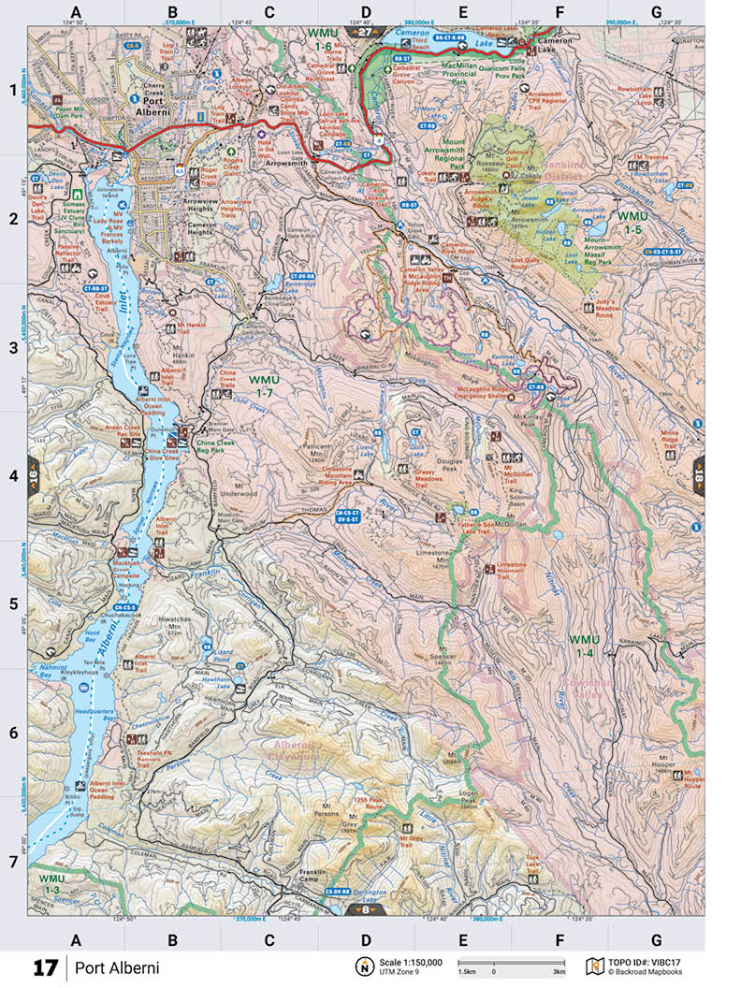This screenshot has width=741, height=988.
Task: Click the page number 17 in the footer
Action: [46, 968]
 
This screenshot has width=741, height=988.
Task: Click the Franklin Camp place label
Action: [310, 877]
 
